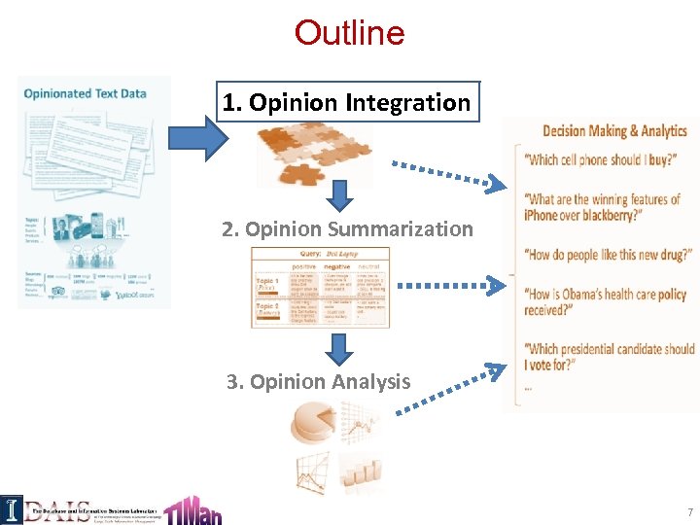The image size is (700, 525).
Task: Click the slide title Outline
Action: pos(349,33)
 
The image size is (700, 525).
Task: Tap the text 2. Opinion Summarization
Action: pos(347,229)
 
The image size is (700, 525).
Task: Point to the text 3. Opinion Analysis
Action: pos(319,382)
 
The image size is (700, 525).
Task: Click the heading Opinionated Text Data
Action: pos(86,93)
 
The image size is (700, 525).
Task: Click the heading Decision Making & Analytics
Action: pos(614,131)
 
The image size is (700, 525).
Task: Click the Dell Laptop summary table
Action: pos(320,287)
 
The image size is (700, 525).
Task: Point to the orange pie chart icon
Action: pos(314,423)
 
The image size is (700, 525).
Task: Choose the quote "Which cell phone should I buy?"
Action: pos(600,160)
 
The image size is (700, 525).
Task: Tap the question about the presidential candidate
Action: pos(609,357)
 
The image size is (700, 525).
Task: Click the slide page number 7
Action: pos(689,511)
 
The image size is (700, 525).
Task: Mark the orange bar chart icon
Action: pos(361,474)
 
